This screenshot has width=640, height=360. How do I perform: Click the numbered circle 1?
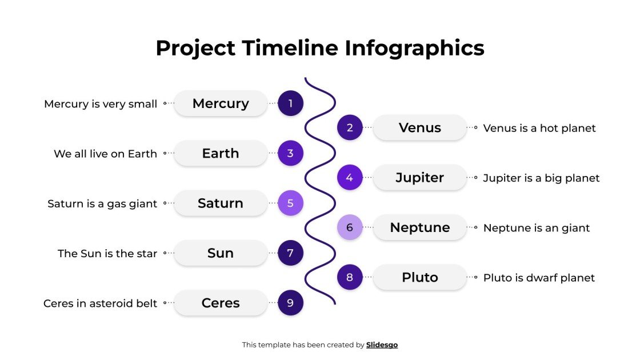[x=290, y=103]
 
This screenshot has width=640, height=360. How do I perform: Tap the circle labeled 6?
[x=350, y=227]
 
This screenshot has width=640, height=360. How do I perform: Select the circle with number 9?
[x=290, y=303]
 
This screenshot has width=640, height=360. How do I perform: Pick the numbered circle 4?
[x=350, y=178]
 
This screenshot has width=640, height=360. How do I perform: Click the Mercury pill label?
[x=221, y=103]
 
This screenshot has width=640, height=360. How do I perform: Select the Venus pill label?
[x=420, y=128]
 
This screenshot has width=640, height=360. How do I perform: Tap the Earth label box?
[x=221, y=153]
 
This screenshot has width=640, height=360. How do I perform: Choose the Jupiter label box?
[x=420, y=178]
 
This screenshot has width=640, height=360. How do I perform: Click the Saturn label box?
[x=221, y=203]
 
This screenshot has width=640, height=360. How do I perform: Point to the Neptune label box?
[x=420, y=227]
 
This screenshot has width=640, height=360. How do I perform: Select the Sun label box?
[x=221, y=253]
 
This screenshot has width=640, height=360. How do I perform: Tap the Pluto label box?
[x=420, y=278]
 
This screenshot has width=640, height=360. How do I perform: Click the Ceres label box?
[x=221, y=303]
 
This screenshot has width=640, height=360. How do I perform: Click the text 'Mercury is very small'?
[x=101, y=104]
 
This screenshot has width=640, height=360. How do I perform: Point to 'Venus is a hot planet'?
[x=539, y=128]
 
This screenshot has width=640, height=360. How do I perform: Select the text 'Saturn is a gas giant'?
[x=102, y=203]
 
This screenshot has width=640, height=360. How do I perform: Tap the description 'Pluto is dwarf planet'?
[x=539, y=278]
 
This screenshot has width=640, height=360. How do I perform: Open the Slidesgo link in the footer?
[x=382, y=345]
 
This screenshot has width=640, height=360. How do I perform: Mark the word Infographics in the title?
[x=414, y=48]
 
